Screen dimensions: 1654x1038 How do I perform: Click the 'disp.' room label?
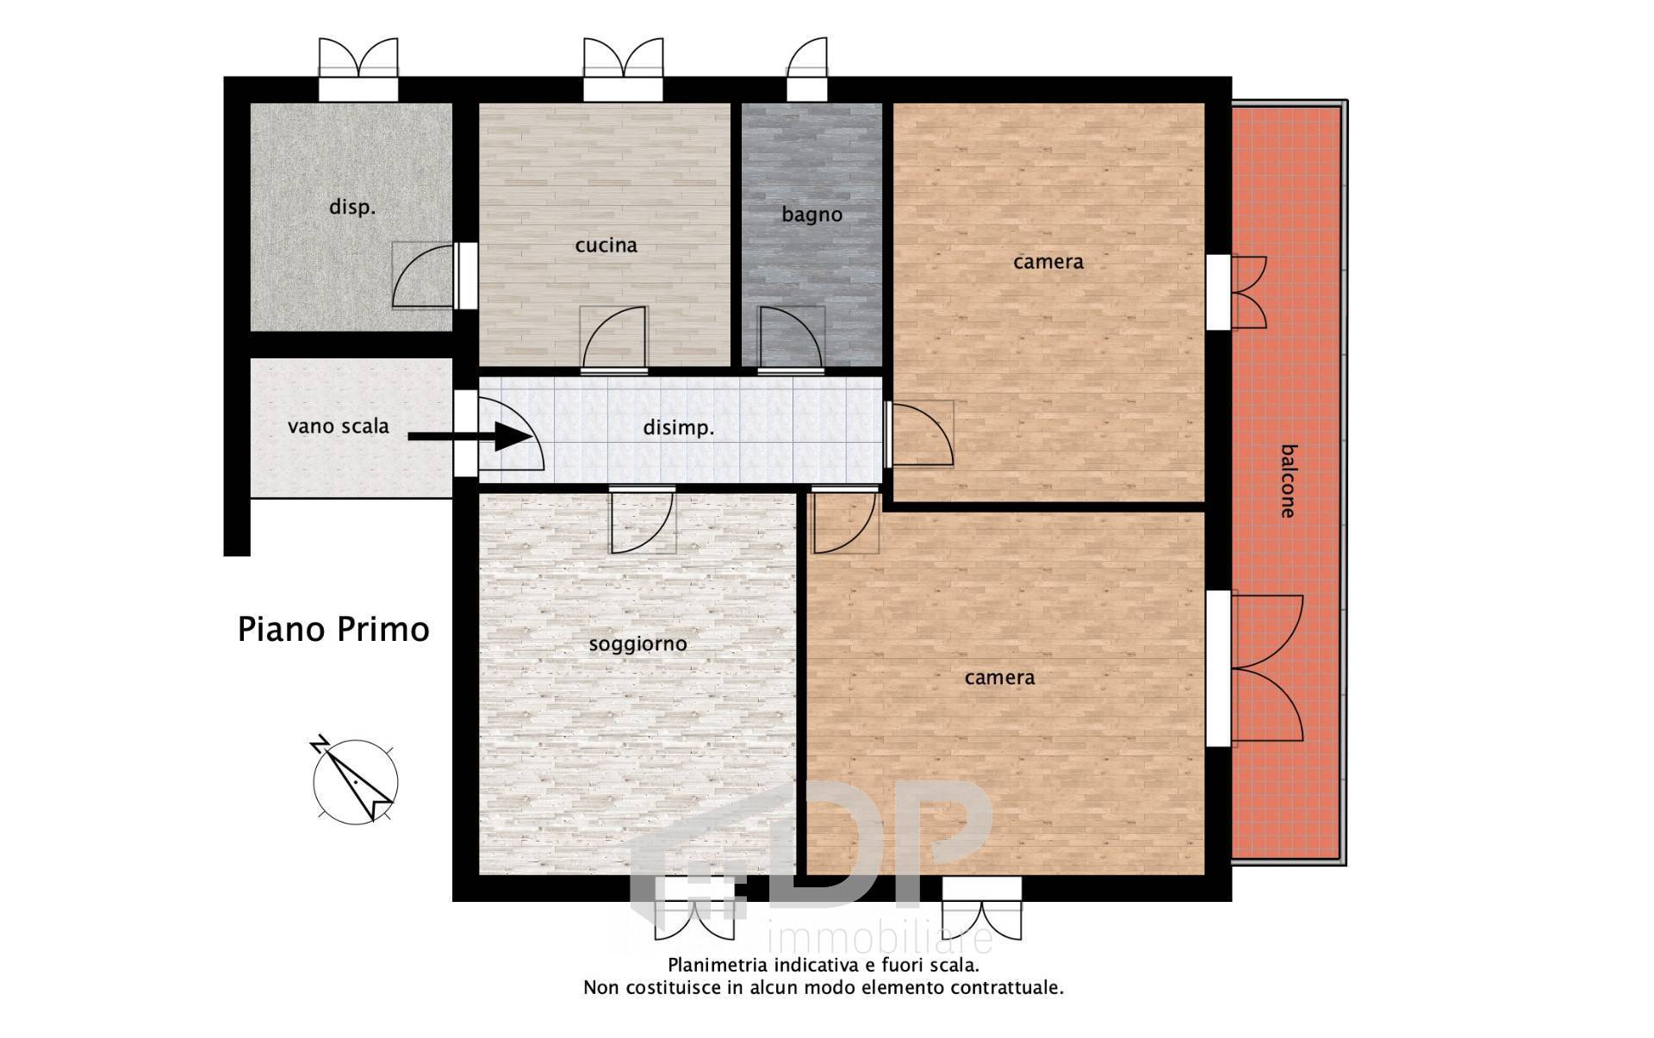352,208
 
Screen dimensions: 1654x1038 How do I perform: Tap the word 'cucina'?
606,246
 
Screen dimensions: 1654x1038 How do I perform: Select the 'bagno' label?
811,215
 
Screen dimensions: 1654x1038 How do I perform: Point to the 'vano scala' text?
339,426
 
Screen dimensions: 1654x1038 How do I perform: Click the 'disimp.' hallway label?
679,428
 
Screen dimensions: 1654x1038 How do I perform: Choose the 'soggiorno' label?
637,644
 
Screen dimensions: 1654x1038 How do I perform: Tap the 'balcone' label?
1288,481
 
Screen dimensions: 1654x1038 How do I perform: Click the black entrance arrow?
470,437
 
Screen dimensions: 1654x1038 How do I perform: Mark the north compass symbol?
354,780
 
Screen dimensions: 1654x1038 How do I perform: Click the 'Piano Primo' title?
333,630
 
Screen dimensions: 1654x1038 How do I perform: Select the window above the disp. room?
358,70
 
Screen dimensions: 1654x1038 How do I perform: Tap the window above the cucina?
623,70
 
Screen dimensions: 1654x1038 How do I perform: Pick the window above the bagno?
806,70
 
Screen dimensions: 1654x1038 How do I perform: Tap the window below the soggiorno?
694,909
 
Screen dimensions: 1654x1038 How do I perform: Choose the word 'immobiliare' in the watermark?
879,938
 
